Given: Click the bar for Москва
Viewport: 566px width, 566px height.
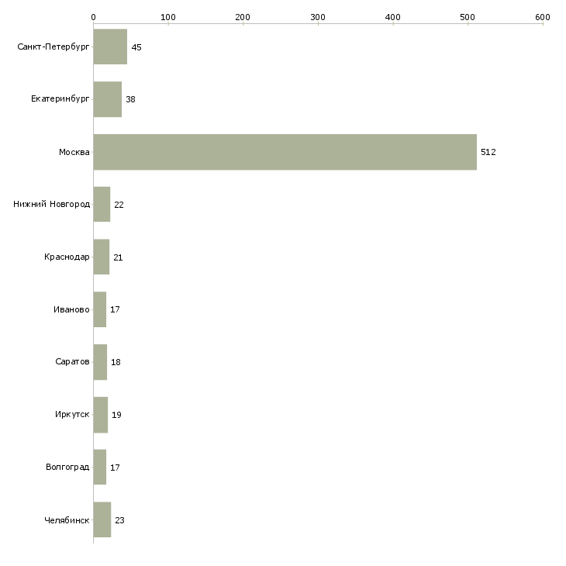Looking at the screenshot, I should point(285,152).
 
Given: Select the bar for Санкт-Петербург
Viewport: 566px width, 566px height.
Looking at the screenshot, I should point(110,47).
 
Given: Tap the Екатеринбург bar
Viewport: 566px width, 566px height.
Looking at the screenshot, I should point(108,99).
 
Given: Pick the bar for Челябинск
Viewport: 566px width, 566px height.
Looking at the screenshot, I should point(102,519).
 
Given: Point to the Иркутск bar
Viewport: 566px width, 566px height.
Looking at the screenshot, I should point(101,415).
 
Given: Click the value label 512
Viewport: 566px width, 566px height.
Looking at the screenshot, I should point(488,152).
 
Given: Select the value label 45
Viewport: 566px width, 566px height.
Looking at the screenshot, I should point(136,47).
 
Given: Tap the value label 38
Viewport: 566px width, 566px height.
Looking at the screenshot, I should point(131,99).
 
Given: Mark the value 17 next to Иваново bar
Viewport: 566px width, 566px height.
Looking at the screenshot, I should point(115,309).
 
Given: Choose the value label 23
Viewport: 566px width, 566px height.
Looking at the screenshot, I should point(119,520).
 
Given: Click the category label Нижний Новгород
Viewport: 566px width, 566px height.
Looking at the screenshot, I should point(52,205).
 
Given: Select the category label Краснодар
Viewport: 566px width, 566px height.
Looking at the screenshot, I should point(67,257).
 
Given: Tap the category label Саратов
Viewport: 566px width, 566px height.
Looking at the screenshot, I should point(72,362).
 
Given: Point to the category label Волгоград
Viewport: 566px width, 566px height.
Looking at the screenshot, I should point(67,468).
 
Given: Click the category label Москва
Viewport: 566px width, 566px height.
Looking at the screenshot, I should point(74,152).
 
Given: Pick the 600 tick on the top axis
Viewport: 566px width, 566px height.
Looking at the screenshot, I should point(542,16).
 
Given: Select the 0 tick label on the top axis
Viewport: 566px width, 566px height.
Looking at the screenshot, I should point(93,16).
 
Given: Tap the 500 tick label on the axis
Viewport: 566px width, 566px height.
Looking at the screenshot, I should point(468,16).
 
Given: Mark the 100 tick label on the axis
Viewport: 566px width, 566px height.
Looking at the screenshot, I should point(168,16).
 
